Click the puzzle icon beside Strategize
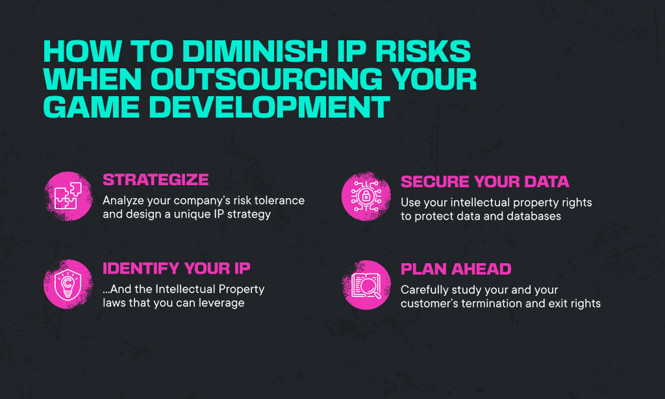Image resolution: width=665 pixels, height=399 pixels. pos(68,196)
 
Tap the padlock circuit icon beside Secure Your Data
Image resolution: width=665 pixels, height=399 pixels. pos(366,196)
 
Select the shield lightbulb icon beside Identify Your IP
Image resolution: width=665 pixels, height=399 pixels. pos(68,285)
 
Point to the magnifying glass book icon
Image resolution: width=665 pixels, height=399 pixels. pos(366,285)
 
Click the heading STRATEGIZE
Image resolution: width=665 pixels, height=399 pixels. pos(156,179)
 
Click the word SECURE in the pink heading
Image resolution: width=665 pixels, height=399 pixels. pos(434,182)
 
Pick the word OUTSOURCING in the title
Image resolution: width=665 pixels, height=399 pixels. pos(266,79)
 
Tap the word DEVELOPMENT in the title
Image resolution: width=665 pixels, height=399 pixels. pos(270,107)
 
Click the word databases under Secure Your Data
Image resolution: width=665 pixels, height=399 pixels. pos(534,216)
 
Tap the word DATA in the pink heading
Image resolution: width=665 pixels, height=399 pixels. pos(547,182)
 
